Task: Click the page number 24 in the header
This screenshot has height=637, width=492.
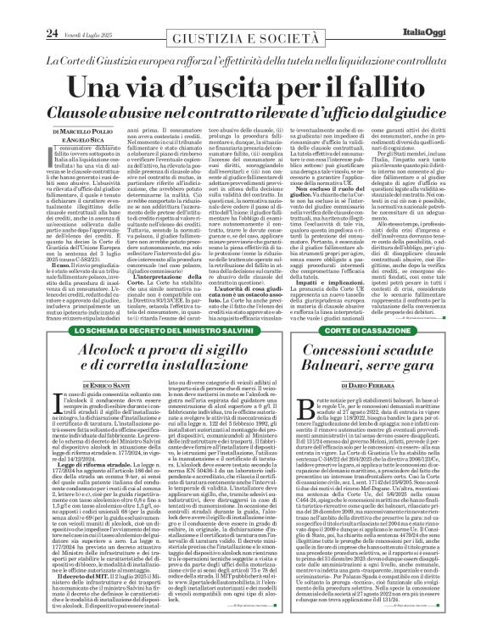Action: tap(28, 9)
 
